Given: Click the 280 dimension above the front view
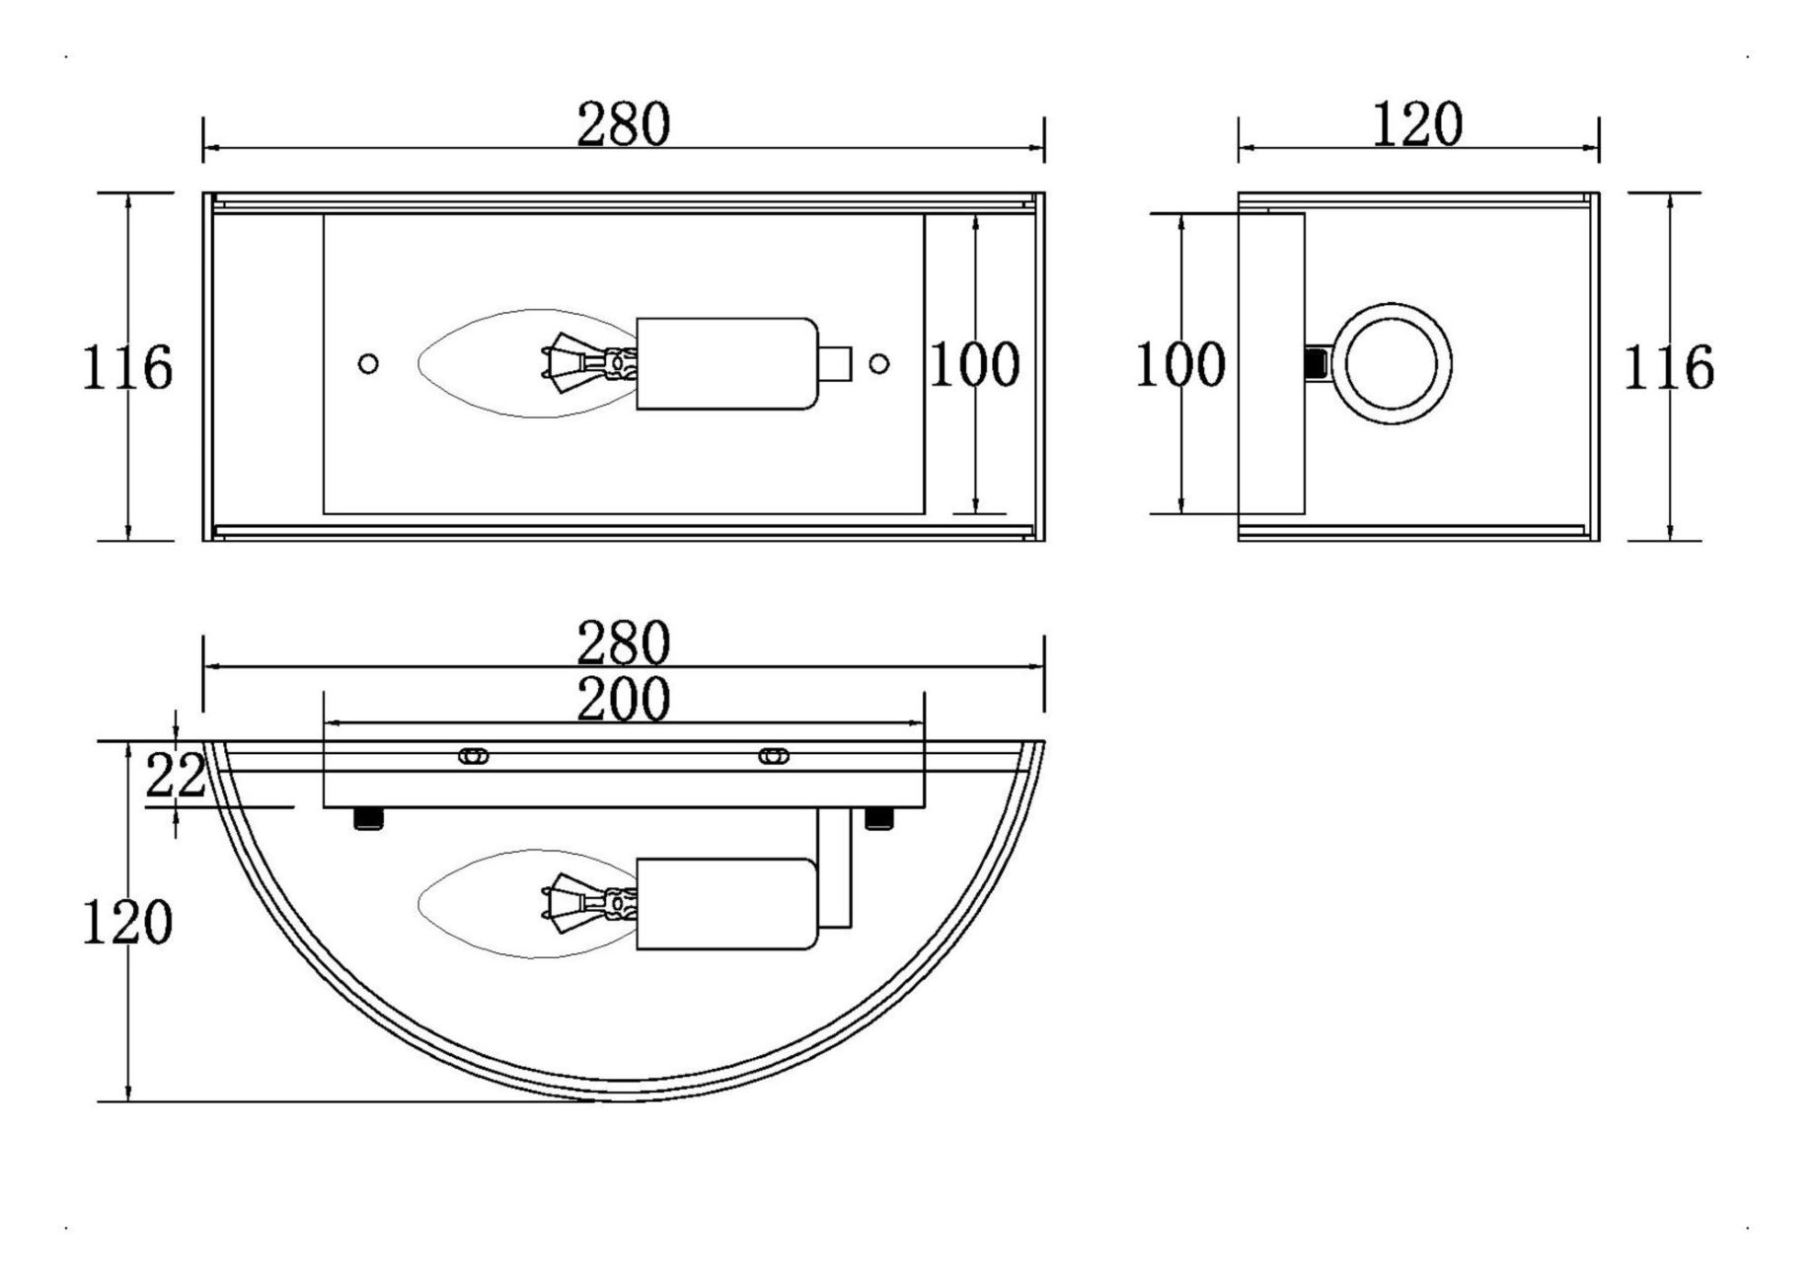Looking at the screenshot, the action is click(x=624, y=125).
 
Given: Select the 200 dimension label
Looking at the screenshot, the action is click(x=624, y=700).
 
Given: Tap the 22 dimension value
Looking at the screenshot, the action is click(x=176, y=775).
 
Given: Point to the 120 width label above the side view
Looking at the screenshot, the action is click(x=1418, y=125).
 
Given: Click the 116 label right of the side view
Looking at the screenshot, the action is click(x=1669, y=368).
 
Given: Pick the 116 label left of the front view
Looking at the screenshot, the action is click(x=126, y=368).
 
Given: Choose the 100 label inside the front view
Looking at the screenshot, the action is click(x=975, y=364).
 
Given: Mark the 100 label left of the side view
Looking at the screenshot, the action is click(x=1180, y=364).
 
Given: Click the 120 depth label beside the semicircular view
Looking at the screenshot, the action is click(x=126, y=924).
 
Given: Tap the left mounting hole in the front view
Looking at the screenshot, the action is click(x=368, y=364).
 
